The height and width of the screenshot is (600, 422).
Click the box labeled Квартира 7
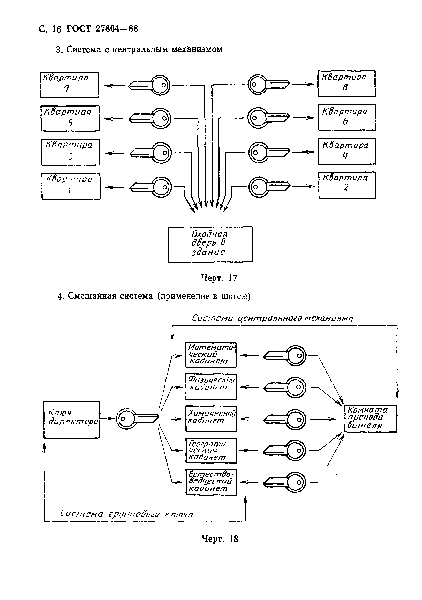point(70,85)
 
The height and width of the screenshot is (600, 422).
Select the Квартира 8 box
point(346,83)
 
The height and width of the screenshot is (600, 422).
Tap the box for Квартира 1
point(71,186)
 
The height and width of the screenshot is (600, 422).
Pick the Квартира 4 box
point(347,151)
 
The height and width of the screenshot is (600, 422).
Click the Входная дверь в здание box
point(210,244)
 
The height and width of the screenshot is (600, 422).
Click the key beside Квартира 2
point(269,187)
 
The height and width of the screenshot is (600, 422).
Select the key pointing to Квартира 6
point(269,118)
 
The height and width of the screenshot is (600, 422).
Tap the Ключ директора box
point(72,420)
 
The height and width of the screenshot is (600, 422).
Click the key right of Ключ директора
point(137,419)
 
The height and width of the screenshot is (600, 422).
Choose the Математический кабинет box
point(211,355)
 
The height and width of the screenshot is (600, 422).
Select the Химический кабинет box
point(211,419)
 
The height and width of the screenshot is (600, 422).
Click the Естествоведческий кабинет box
point(211,482)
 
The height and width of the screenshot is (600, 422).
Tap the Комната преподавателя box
point(371,419)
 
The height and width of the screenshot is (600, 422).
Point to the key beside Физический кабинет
point(284,387)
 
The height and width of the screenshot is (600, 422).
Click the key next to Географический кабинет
point(284,450)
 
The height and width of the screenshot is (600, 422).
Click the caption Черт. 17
point(219,278)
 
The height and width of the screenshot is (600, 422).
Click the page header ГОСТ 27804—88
point(102,28)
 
